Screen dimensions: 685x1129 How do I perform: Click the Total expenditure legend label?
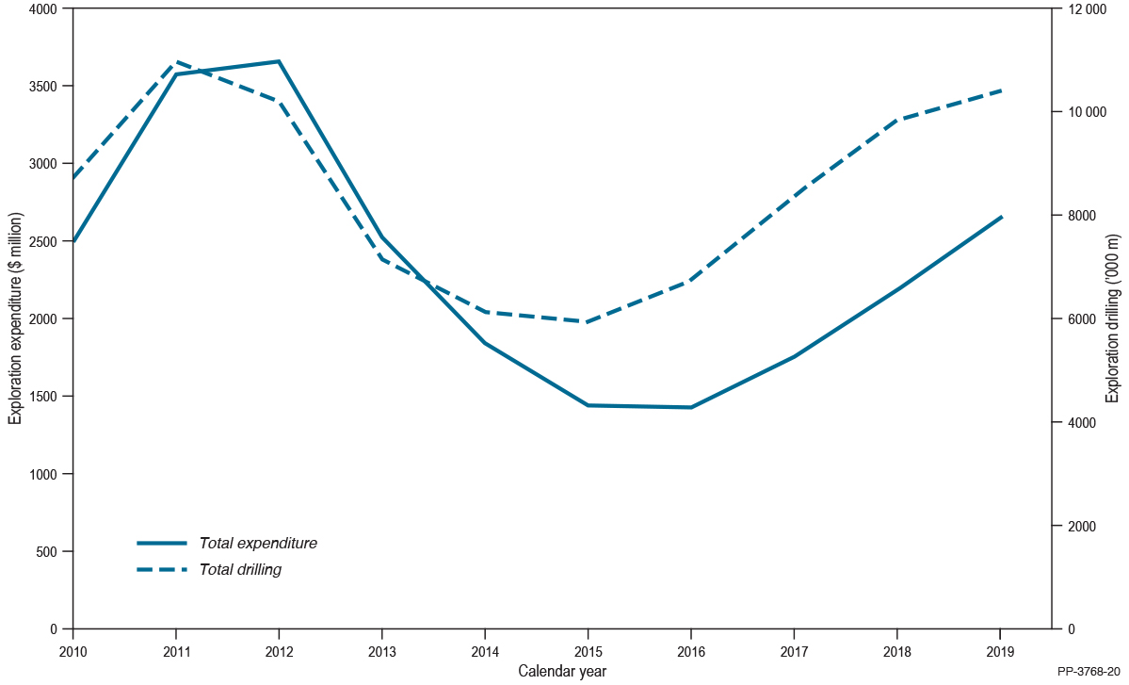258,544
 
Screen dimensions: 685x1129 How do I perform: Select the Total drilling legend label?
240,570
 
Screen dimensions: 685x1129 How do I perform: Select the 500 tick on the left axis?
49,551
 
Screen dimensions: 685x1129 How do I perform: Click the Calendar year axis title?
562,671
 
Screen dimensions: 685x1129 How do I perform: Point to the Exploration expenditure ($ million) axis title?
15,318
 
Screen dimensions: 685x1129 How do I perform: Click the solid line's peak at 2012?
279,61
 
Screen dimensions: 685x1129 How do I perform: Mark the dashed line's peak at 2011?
176,61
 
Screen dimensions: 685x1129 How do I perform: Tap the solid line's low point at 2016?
691,407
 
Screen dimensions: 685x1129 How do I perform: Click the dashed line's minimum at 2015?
588,322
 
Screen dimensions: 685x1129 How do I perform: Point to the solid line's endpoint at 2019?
1001,217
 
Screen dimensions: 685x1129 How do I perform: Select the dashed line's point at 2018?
896,120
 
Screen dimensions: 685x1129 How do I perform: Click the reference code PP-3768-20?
1089,671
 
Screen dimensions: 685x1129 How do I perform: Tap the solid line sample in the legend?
161,544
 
